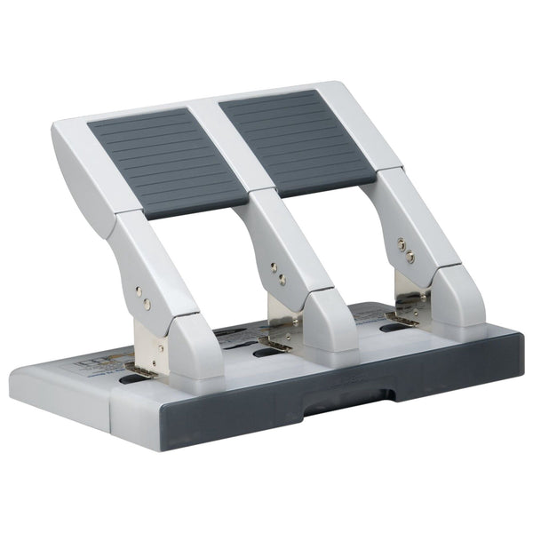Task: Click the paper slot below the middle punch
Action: tap(264, 353)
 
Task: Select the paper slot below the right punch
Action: tap(391, 328)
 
